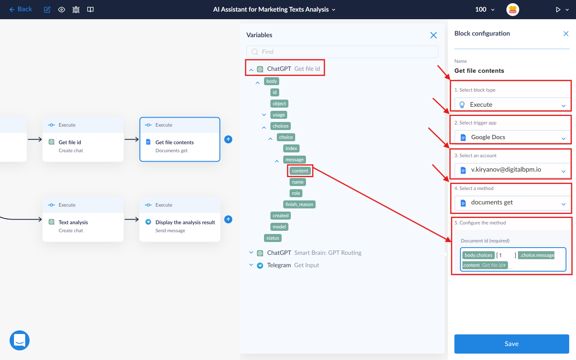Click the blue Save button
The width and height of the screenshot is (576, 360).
point(512,344)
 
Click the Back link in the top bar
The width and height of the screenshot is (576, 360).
point(20,9)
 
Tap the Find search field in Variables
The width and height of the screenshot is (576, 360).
point(342,52)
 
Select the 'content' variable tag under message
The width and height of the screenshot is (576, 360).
point(300,171)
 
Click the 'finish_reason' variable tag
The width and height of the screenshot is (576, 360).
point(299,204)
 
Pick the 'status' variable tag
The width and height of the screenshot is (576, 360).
point(272,238)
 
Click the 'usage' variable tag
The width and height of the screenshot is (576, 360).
point(279,115)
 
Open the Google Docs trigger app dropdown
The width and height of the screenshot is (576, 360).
point(512,137)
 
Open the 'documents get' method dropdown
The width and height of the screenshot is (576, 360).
point(512,203)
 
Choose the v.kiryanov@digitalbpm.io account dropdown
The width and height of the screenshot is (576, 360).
point(512,170)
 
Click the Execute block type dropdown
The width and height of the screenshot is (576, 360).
point(512,104)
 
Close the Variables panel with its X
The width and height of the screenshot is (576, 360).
point(434,35)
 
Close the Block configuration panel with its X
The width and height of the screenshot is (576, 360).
point(566,34)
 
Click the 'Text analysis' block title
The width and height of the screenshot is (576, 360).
point(73,222)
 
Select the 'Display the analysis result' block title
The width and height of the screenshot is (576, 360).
point(185,222)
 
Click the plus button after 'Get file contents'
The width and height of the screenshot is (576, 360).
point(228,139)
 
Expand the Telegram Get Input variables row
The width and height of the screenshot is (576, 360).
point(251,265)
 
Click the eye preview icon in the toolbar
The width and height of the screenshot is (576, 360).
point(62,10)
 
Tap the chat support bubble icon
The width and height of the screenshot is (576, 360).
point(20,340)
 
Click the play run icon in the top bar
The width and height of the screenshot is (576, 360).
point(558,10)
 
